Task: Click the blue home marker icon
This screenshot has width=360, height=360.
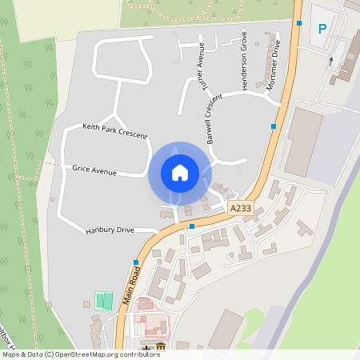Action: tap(179, 172)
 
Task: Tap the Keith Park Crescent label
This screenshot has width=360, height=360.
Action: tap(115, 130)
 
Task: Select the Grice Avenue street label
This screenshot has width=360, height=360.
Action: tap(94, 170)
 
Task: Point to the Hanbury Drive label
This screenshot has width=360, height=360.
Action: tap(110, 231)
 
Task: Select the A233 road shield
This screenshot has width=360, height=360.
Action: tap(240, 208)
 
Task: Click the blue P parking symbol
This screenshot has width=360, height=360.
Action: tap(322, 29)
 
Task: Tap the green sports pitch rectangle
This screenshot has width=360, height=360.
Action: tap(102, 301)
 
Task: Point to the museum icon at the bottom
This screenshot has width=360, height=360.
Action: tap(161, 346)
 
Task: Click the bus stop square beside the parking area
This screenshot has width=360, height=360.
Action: tap(299, 22)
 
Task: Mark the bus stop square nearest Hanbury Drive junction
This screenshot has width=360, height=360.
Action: tap(192, 226)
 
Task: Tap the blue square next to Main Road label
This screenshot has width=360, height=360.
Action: tap(136, 262)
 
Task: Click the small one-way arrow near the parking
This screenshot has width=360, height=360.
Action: tap(330, 60)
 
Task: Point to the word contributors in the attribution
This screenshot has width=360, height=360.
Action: tap(137, 354)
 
